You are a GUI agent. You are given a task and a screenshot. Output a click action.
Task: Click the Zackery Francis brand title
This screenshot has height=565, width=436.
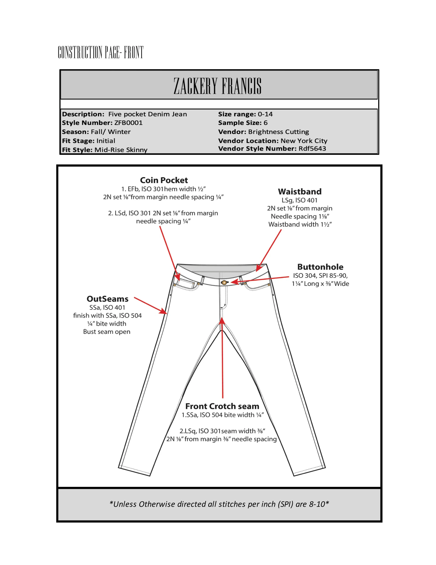point(217,86)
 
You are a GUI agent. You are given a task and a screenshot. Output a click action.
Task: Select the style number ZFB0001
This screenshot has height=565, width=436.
point(128,123)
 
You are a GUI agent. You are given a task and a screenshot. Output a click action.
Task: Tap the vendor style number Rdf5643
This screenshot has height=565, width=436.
point(312,148)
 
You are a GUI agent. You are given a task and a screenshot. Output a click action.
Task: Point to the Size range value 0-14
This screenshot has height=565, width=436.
point(265,114)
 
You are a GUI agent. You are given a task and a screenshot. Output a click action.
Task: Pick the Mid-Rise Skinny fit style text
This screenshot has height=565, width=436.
point(121,150)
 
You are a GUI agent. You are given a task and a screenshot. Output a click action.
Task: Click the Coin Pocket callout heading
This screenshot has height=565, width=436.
point(164,180)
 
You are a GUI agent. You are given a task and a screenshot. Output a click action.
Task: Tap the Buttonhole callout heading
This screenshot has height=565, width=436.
point(320,267)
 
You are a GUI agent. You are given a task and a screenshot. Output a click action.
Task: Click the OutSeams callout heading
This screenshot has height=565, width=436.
point(107,299)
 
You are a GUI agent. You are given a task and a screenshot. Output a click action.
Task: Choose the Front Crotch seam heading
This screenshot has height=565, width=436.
point(222,406)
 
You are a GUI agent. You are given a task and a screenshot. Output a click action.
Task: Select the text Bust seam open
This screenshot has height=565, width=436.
point(107,332)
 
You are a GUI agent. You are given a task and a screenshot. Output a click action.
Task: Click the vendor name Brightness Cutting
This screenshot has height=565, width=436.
point(279,132)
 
